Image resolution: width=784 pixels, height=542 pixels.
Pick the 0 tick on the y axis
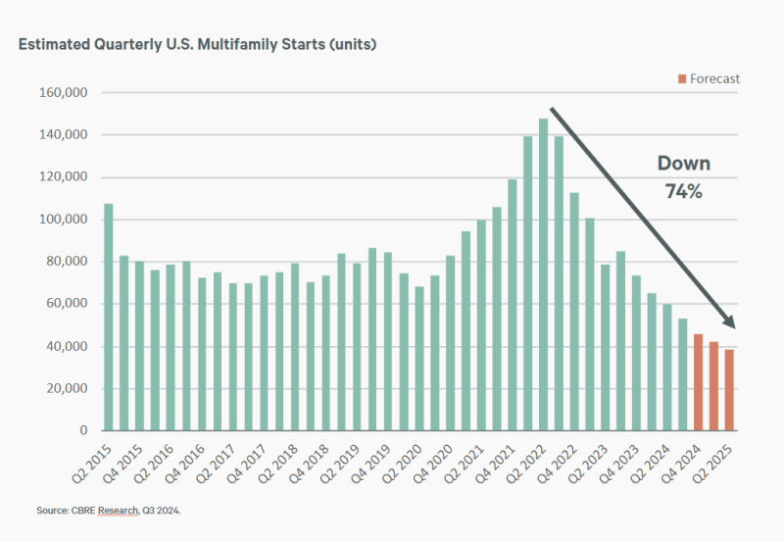[x=85, y=430]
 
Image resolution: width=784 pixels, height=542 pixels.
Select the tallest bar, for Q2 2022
[x=543, y=274]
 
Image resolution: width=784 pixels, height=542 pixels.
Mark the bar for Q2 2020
[x=419, y=359]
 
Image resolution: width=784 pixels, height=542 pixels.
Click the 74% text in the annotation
[x=683, y=192]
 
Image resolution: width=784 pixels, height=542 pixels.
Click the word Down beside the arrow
[x=683, y=164]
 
